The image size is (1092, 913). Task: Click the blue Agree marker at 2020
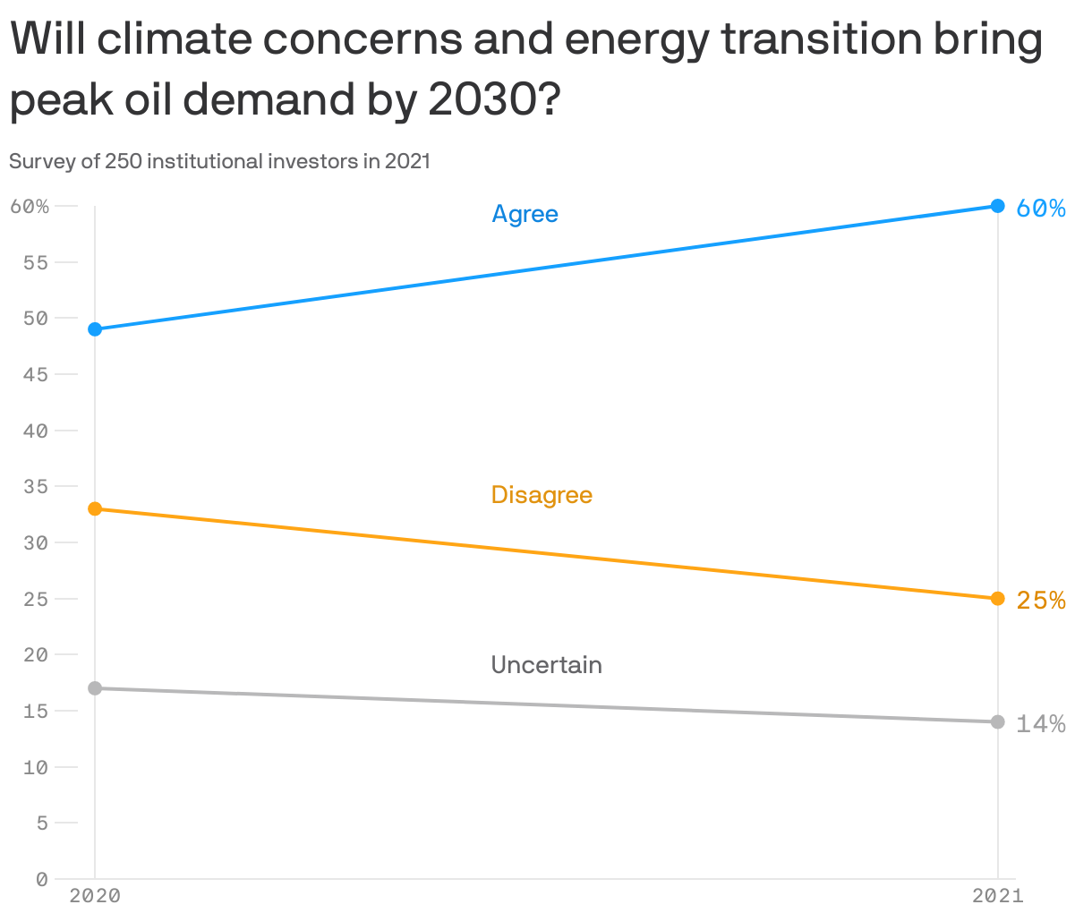coord(95,329)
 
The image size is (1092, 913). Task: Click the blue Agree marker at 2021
coord(998,206)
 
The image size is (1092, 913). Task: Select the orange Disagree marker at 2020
coord(95,508)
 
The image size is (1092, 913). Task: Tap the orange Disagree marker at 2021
coord(998,598)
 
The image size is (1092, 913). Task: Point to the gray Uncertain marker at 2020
coord(95,688)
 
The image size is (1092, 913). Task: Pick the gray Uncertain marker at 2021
coord(998,721)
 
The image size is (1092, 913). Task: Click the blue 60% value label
coord(1041,209)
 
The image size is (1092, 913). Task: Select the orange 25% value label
coord(1041,601)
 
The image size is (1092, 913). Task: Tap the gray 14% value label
coord(1041,724)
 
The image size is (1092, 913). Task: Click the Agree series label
coord(525,214)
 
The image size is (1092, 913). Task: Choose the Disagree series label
coord(542,495)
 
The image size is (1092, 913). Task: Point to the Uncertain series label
coord(546,665)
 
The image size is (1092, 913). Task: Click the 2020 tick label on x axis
coord(95,895)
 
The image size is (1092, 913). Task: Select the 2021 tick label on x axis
coord(997,895)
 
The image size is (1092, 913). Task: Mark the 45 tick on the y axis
coord(37,374)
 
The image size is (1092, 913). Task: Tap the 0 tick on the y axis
coord(41,879)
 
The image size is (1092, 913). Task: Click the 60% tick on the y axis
coord(30,207)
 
